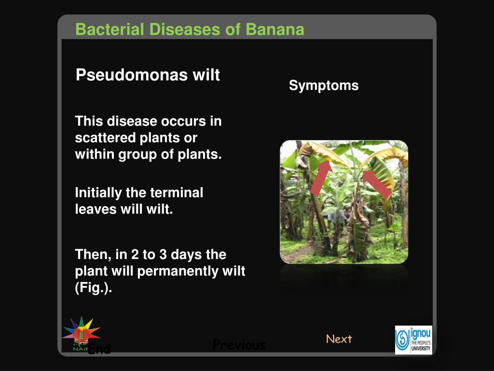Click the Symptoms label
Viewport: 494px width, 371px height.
click(324, 86)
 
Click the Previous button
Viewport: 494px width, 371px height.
click(239, 345)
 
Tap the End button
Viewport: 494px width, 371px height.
click(99, 349)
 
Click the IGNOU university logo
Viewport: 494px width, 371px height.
click(413, 340)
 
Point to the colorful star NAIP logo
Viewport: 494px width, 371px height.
click(81, 331)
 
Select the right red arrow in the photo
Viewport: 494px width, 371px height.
click(377, 184)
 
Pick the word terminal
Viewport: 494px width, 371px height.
click(177, 193)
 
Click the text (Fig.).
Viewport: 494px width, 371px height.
click(94, 288)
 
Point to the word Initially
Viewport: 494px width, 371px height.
click(98, 193)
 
